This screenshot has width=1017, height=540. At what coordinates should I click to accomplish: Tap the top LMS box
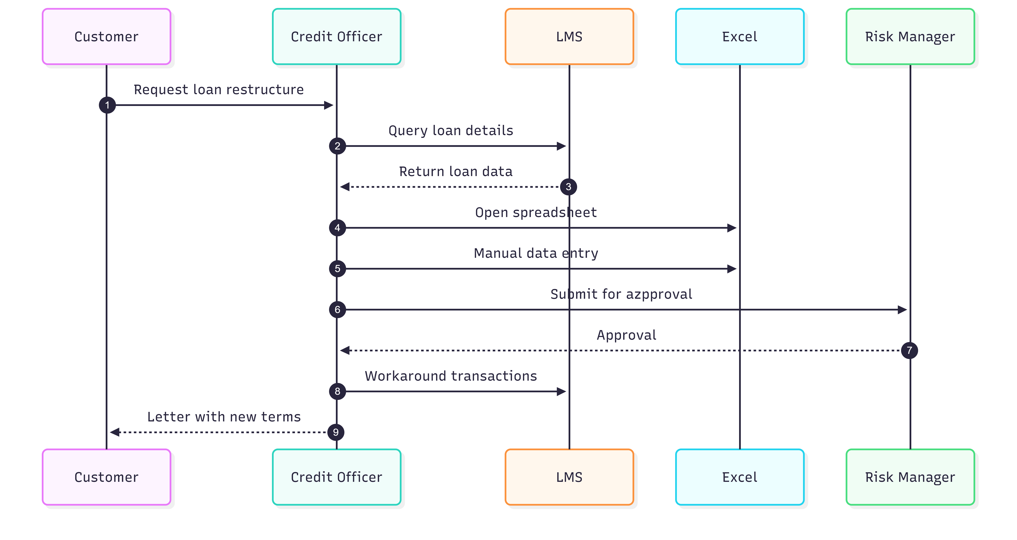[x=569, y=36]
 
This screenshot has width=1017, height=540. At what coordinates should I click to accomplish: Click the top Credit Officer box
[x=336, y=36]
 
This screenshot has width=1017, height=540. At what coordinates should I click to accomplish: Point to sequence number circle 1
[x=107, y=105]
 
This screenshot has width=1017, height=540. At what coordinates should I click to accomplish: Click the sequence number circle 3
[x=568, y=187]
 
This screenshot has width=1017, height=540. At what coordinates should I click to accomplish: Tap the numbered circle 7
[x=909, y=350]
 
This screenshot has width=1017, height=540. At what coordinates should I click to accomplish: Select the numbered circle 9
[x=336, y=432]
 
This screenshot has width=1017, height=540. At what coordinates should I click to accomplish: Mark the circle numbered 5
[x=337, y=269]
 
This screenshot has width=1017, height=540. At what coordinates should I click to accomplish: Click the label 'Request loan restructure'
[x=219, y=90]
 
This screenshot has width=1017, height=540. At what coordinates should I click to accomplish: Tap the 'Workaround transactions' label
[x=450, y=376]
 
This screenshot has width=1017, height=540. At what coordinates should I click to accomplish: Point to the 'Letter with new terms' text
[x=224, y=417]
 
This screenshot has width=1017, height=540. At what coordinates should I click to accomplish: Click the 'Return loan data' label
[x=456, y=171]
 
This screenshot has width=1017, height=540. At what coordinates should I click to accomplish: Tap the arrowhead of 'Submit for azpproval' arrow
[x=902, y=310]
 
